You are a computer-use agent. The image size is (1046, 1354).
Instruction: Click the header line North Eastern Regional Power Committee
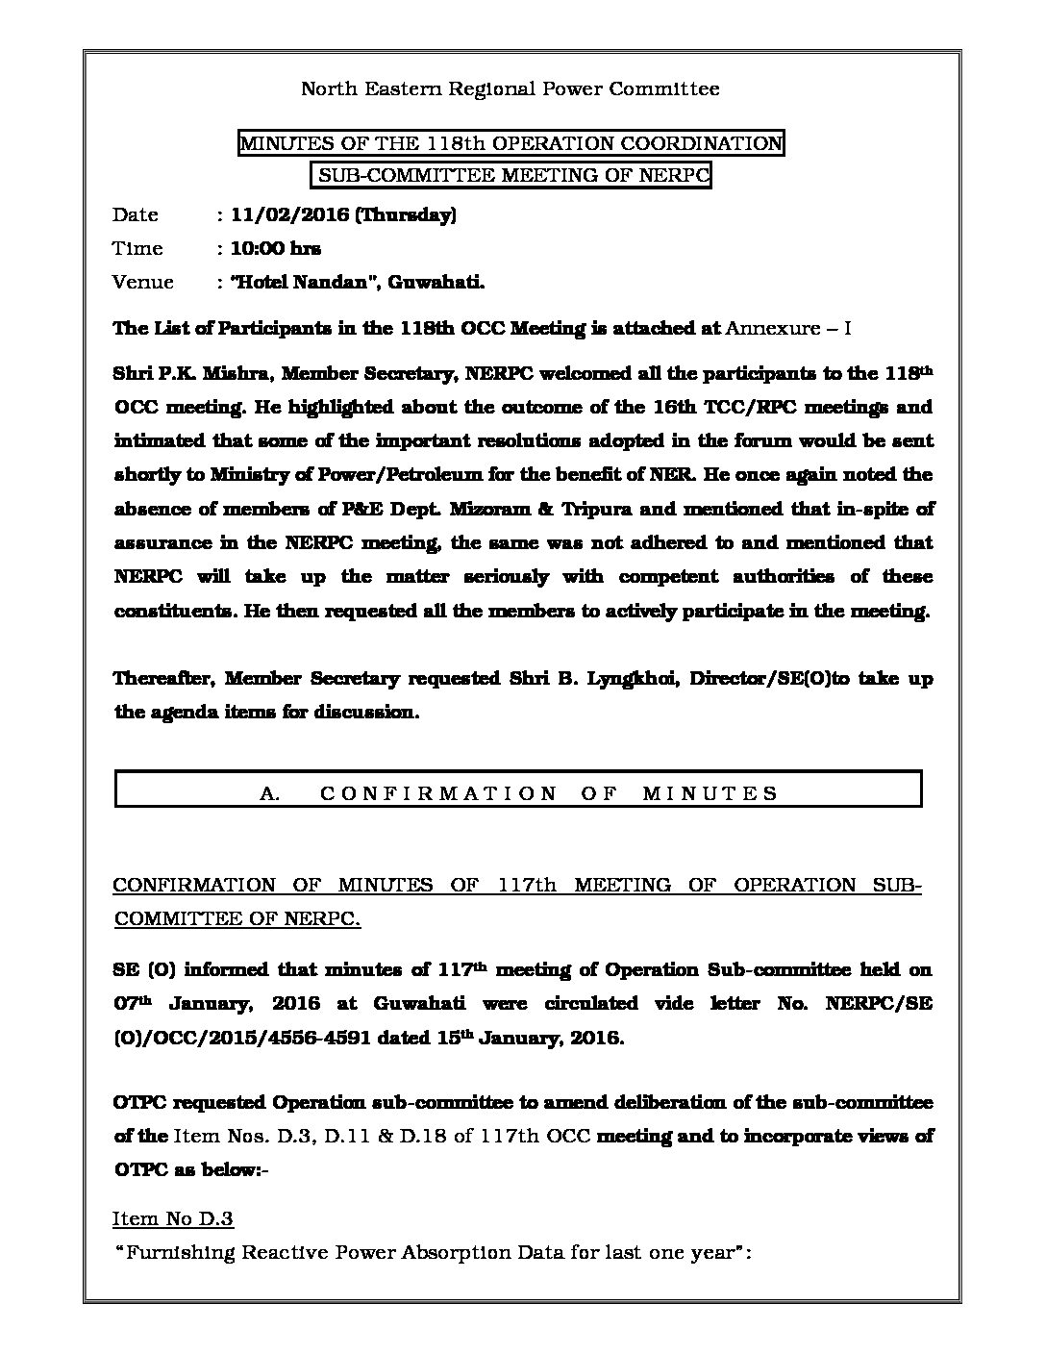coord(510,89)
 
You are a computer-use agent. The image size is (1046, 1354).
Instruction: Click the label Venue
coord(142,282)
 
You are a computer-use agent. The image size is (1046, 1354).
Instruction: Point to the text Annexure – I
coord(788,328)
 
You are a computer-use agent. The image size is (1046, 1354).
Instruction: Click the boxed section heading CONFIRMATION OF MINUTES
coord(547,793)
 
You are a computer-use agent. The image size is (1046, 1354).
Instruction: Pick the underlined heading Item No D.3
coord(173,1219)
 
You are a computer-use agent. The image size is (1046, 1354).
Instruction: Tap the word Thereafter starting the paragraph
coord(162,679)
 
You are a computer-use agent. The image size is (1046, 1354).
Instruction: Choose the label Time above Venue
coord(137,248)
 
